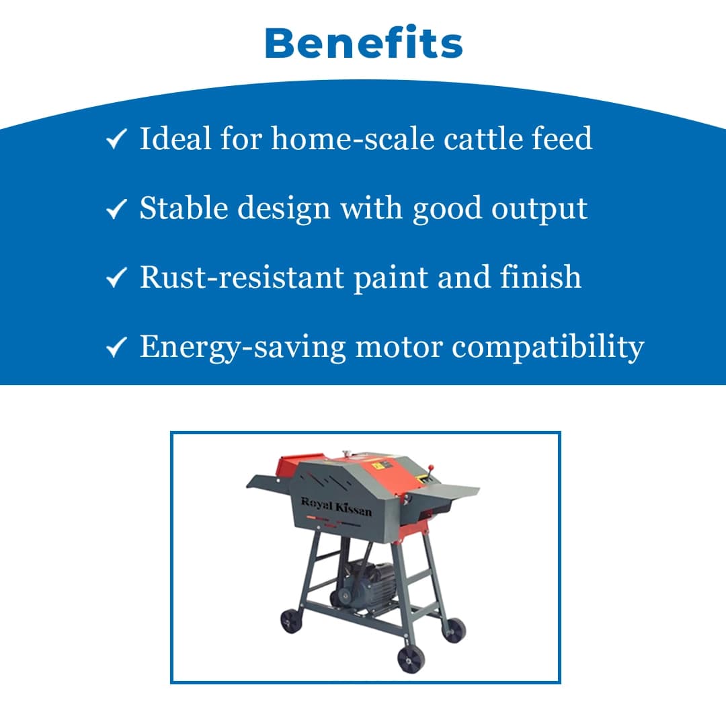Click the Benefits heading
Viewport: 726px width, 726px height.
pyautogui.click(x=364, y=44)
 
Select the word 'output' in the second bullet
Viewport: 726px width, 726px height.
pyautogui.click(x=540, y=209)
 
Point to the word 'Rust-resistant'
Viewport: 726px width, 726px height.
pyautogui.click(x=241, y=277)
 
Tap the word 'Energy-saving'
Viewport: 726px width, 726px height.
pyautogui.click(x=242, y=348)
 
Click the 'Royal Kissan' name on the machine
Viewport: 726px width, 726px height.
pyautogui.click(x=336, y=507)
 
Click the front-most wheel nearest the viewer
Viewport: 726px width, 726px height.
pyautogui.click(x=410, y=659)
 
